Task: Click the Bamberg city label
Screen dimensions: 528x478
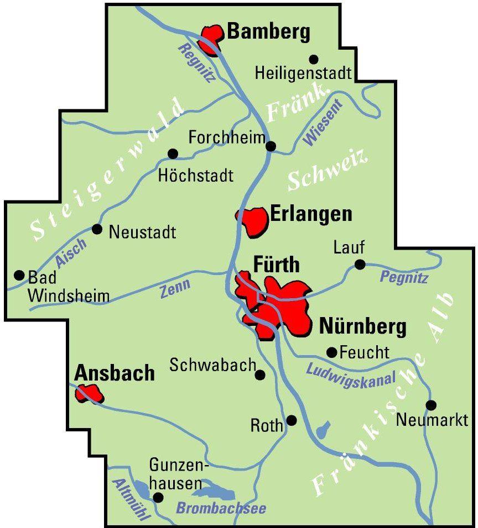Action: click(x=268, y=33)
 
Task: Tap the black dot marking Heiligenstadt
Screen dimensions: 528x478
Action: click(x=314, y=59)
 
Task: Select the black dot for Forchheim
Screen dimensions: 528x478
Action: click(x=271, y=146)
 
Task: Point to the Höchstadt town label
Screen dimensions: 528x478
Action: click(x=196, y=176)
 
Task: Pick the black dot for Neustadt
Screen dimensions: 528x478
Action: click(x=97, y=229)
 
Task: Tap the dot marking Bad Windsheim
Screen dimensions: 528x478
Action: click(x=19, y=274)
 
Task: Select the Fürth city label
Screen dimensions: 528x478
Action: click(x=276, y=265)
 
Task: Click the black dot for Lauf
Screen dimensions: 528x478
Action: click(x=360, y=265)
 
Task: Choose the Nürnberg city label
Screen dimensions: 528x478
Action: click(x=363, y=327)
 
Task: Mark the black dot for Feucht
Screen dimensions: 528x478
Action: click(x=332, y=352)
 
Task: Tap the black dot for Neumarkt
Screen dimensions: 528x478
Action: click(x=431, y=405)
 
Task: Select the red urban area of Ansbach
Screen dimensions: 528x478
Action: click(x=89, y=394)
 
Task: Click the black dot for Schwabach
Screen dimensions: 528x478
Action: click(x=259, y=375)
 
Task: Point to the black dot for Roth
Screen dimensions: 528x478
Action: click(x=292, y=421)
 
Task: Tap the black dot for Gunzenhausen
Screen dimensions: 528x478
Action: click(x=158, y=498)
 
